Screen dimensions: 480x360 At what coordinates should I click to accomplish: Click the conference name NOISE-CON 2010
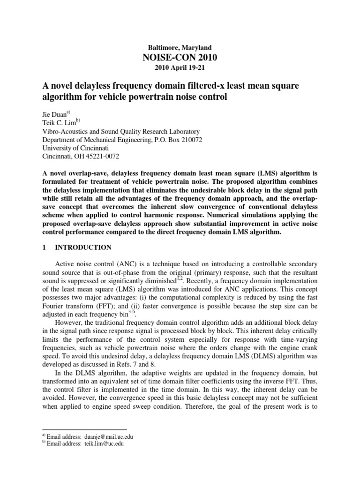(x=180, y=58)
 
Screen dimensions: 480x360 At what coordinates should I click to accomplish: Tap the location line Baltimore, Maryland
(x=180, y=48)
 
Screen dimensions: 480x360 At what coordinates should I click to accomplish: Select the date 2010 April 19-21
(x=180, y=67)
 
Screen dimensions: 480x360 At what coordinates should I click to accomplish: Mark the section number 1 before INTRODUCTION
(x=44, y=247)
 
